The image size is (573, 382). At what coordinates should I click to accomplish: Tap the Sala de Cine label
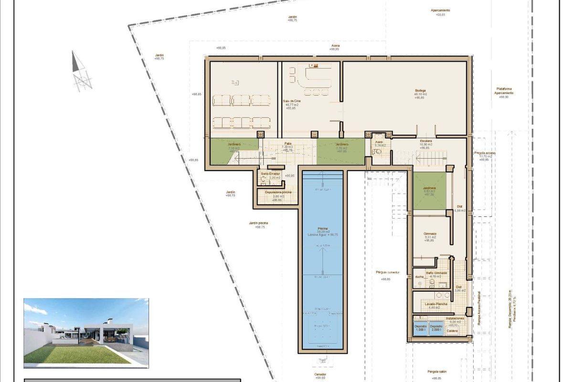point(292,101)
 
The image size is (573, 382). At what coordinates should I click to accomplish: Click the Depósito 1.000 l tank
point(420,329)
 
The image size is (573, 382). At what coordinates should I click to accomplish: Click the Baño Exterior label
point(270,173)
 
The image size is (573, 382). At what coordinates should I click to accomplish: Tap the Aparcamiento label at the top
point(440,10)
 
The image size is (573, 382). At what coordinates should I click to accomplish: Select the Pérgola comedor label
point(386,272)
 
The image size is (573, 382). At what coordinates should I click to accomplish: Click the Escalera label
point(426,141)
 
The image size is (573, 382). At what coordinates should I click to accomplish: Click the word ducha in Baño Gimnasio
point(419,276)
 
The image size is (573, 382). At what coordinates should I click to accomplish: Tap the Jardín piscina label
point(258,223)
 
